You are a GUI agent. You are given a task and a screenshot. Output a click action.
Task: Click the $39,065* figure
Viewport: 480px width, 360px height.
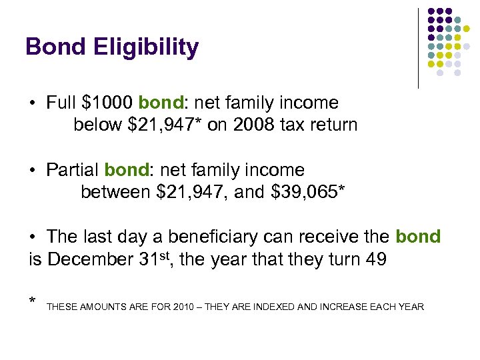tap(308, 193)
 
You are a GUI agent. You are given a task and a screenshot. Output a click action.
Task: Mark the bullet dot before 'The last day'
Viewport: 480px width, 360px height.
tap(32, 237)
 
